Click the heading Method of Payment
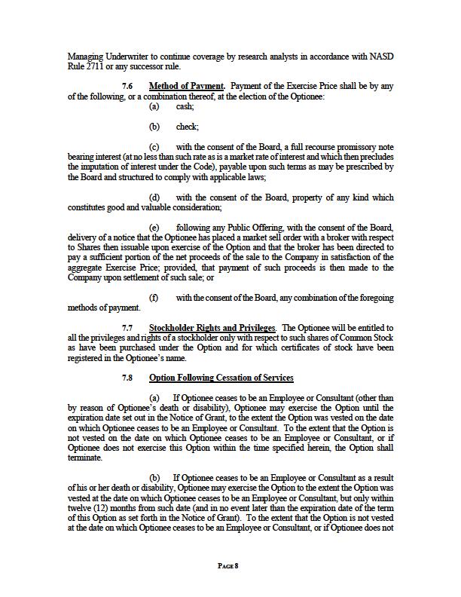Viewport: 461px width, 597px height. tap(180, 87)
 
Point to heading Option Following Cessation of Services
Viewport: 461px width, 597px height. tap(221, 378)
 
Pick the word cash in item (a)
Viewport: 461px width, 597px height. tap(185, 107)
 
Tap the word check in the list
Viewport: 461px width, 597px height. tap(187, 127)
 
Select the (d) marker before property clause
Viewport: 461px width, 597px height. tap(154, 197)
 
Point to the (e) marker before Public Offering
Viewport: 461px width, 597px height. tap(154, 227)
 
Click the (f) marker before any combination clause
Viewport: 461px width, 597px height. tap(154, 298)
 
